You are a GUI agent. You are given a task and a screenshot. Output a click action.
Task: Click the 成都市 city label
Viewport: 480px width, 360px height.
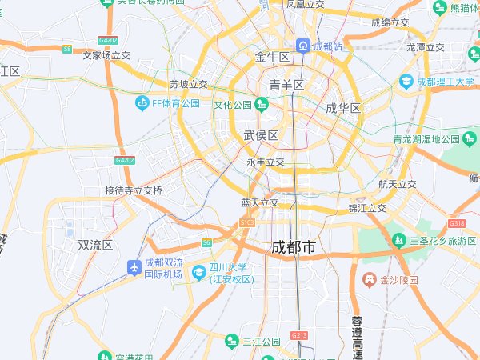pos(294,248)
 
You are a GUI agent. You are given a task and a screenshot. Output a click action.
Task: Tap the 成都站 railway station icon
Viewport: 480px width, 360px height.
pos(303,46)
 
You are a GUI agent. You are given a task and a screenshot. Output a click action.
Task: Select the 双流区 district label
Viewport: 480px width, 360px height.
pos(95,245)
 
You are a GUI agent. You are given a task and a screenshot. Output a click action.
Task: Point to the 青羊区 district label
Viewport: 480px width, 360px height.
pos(286,85)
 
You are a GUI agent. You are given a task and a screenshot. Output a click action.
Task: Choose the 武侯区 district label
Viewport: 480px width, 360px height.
pos(261,136)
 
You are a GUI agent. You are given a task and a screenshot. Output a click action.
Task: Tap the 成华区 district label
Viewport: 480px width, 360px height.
pos(343,108)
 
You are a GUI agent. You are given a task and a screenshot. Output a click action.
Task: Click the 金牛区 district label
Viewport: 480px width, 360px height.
pos(272,58)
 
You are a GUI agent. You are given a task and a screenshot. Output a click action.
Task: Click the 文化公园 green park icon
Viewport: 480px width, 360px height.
pos(262,105)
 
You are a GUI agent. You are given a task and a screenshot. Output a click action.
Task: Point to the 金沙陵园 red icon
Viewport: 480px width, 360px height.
pos(370,280)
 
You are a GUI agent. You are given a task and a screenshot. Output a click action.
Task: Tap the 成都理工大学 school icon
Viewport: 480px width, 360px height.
pos(406,82)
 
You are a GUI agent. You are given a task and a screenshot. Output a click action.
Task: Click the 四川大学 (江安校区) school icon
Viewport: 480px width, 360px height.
pos(198,272)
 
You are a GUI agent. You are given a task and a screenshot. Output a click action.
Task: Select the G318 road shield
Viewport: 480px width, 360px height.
pos(458,223)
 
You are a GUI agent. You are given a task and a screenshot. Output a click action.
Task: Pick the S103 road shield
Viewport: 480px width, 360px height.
pos(246,222)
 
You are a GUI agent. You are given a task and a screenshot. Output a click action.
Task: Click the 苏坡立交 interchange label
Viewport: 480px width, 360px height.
pos(189,84)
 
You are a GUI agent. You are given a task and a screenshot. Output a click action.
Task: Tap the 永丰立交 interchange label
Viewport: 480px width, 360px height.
pos(266,162)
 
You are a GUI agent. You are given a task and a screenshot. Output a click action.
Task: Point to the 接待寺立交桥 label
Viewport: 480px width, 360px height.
pos(134,190)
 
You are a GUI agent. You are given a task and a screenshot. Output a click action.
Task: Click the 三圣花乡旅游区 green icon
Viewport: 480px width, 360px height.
pos(398,240)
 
